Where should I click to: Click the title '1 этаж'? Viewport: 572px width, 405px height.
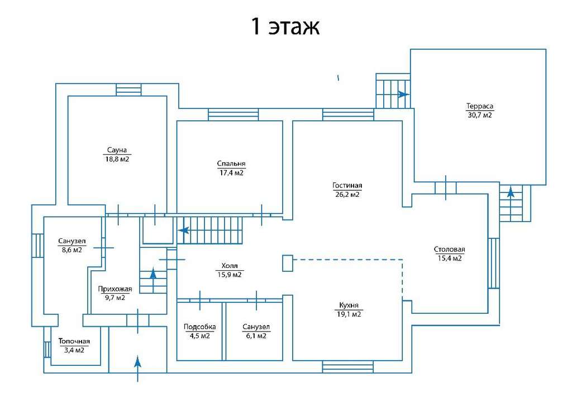(x=285, y=26)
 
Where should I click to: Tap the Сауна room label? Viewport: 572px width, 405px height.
(x=117, y=150)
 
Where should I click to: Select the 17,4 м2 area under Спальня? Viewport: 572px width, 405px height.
(x=231, y=173)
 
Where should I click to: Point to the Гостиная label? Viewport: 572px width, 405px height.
(x=347, y=186)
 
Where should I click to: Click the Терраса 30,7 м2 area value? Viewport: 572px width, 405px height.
(x=480, y=115)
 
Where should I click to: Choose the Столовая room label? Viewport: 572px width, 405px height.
(x=450, y=249)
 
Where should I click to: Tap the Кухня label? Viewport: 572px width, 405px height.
(x=349, y=305)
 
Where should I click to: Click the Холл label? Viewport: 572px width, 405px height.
(x=230, y=266)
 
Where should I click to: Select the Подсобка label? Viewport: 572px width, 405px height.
(x=199, y=327)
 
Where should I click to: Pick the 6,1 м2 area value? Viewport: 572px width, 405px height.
(x=256, y=336)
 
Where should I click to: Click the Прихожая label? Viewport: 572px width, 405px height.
(x=115, y=289)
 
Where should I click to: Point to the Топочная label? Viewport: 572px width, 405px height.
(x=74, y=341)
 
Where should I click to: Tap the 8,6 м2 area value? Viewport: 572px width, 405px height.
(x=72, y=250)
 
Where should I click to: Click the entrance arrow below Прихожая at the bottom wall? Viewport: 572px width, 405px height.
(x=137, y=368)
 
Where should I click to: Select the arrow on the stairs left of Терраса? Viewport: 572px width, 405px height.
(x=403, y=94)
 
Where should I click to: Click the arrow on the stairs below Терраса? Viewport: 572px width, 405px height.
(x=511, y=192)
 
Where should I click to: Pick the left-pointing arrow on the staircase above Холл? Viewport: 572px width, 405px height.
(x=183, y=230)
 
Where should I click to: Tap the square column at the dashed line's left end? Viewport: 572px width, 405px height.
(x=288, y=263)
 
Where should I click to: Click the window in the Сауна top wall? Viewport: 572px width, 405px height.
(x=128, y=90)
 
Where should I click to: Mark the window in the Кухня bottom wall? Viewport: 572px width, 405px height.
(x=347, y=367)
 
